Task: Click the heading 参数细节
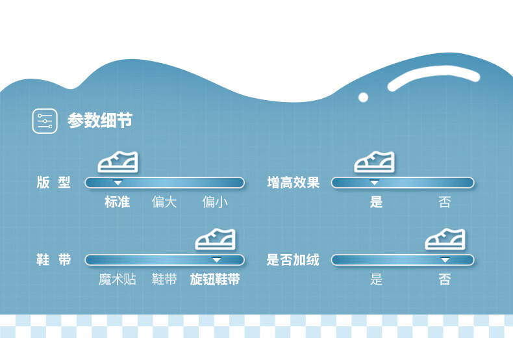[100, 121]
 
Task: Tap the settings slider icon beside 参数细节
[45, 121]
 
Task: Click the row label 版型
[53, 183]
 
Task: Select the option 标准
[118, 202]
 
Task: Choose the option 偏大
[164, 202]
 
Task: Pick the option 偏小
[215, 202]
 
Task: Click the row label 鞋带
[53, 260]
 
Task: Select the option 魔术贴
[118, 280]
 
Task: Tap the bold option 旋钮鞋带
[215, 280]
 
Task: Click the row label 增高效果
[294, 183]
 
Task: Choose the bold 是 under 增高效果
[377, 202]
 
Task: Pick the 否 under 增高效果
[445, 202]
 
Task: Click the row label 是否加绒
[293, 260]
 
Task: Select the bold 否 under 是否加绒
[445, 280]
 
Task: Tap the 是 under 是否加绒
[377, 280]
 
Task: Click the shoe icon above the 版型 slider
[118, 162]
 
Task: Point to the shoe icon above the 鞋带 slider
[216, 239]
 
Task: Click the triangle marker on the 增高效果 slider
[374, 183]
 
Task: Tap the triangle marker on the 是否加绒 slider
[445, 260]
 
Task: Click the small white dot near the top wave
[363, 97]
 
